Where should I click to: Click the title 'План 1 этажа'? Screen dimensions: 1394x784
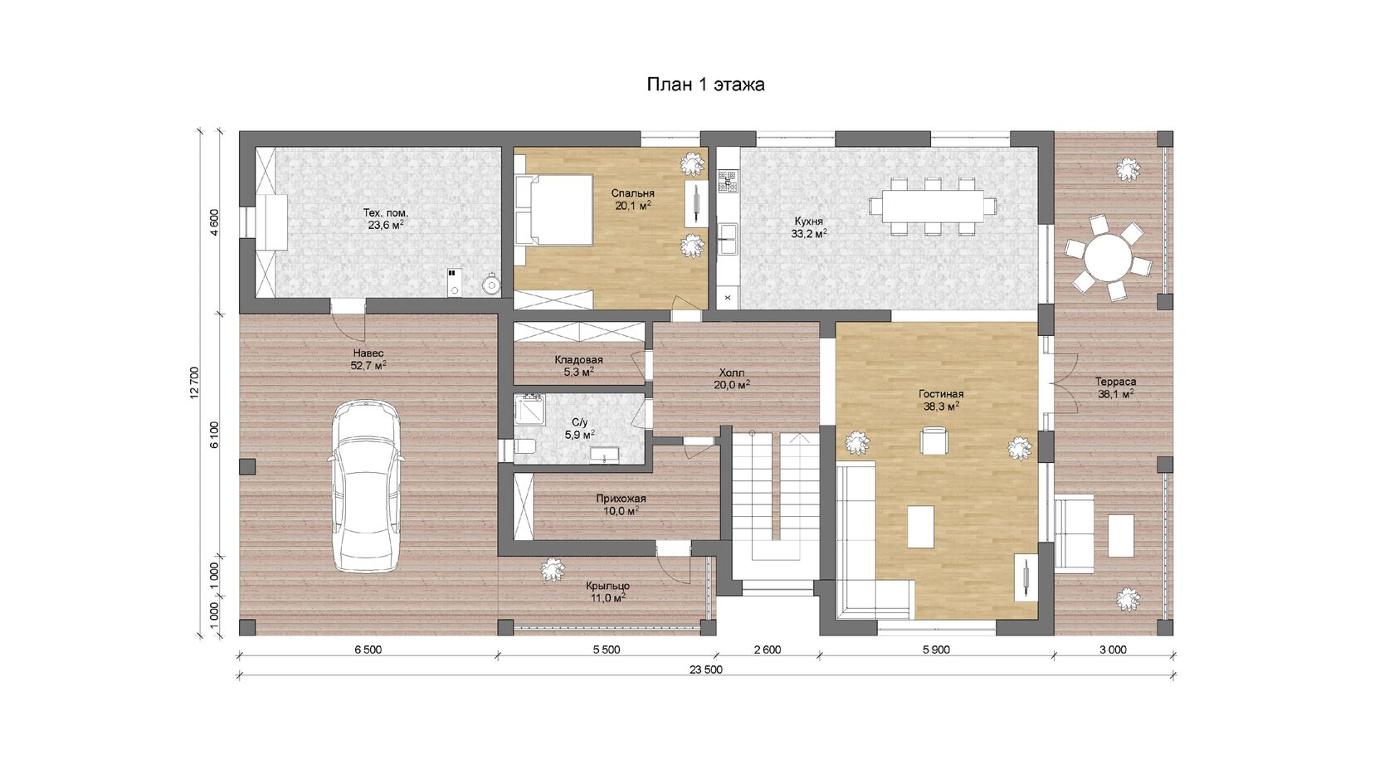click(x=705, y=85)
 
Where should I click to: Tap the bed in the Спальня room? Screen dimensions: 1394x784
click(x=554, y=210)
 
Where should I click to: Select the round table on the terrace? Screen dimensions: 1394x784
click(x=1107, y=257)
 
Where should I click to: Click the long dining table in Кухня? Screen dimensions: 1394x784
click(x=933, y=206)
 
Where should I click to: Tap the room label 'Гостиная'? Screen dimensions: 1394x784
click(x=941, y=394)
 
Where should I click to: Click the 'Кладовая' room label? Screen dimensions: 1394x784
click(x=579, y=360)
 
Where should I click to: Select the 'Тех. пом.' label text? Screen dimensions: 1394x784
click(x=386, y=212)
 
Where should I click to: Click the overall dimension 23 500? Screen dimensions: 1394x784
click(x=706, y=670)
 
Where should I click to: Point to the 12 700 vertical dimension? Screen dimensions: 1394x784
click(x=195, y=382)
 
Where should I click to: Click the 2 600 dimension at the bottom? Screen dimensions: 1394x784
click(x=768, y=650)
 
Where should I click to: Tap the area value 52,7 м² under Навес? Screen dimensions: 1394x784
click(x=368, y=365)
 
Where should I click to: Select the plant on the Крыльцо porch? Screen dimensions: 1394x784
click(x=551, y=569)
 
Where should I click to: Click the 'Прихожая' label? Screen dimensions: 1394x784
click(x=621, y=499)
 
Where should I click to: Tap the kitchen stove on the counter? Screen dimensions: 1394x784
click(x=729, y=181)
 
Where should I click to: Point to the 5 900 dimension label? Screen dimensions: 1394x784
click(x=937, y=650)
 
